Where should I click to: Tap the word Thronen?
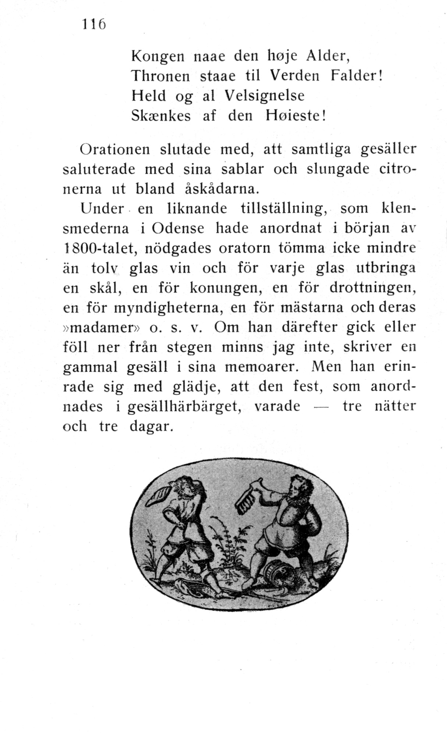[160, 76]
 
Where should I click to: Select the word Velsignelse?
[265, 96]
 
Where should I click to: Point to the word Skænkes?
[161, 116]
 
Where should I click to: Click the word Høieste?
[295, 116]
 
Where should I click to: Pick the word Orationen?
[115, 149]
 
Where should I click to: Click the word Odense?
[178, 229]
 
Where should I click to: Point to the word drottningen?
[373, 288]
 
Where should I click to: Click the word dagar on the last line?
[151, 427]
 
